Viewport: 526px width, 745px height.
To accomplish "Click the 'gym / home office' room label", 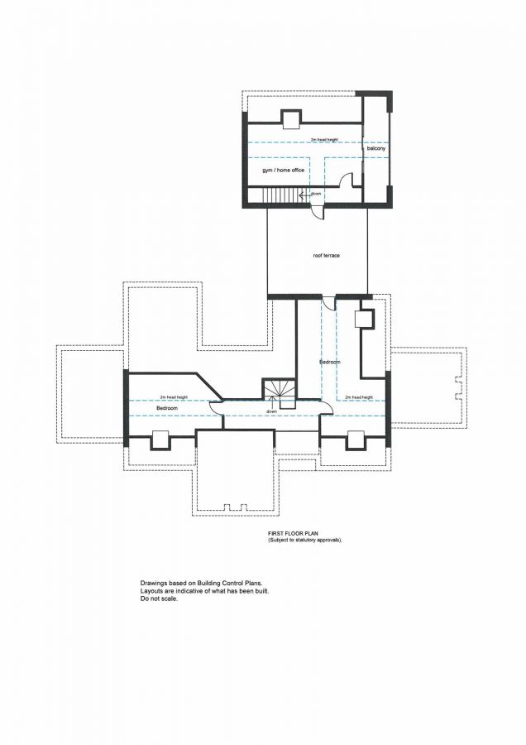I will point(284,170).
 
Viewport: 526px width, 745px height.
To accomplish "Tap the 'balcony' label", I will point(378,148).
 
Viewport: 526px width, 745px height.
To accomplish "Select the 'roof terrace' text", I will point(327,255).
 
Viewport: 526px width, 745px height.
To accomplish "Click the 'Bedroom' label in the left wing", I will point(168,409).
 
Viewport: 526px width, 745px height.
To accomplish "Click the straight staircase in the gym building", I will point(277,195).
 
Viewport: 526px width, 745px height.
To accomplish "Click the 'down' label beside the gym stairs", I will point(316,194).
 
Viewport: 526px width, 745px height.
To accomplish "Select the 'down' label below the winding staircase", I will point(271,411).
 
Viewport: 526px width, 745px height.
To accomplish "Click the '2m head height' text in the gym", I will point(324,140).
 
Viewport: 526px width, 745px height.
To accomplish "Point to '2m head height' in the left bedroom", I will point(173,397).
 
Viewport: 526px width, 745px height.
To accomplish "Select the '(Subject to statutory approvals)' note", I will point(304,540).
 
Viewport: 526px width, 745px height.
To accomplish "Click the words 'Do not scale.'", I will point(159,598).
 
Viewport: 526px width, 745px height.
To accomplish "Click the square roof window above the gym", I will point(291,120).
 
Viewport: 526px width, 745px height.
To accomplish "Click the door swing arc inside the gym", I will point(348,178).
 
